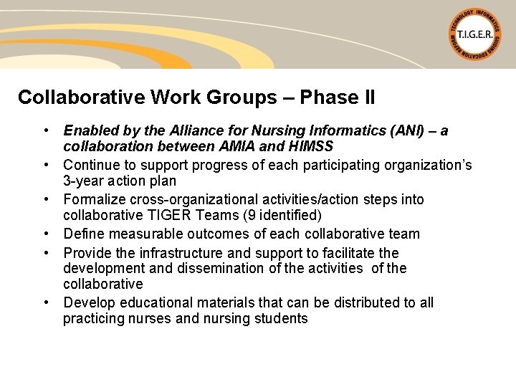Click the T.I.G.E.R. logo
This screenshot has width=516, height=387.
[x=475, y=34]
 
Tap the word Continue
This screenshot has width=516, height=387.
[x=90, y=166]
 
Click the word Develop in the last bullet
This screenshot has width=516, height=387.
[x=90, y=302]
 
